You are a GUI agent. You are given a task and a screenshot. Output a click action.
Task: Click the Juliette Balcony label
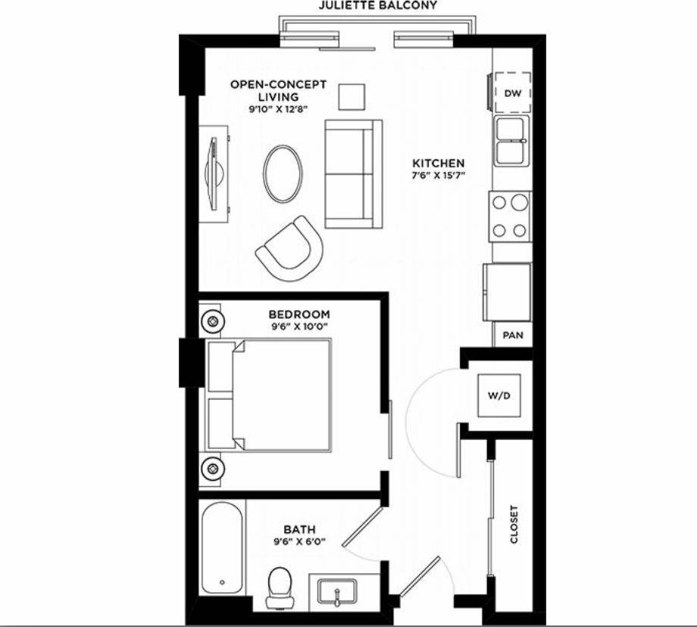coord(377,5)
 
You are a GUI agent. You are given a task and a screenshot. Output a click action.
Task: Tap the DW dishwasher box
coord(513,92)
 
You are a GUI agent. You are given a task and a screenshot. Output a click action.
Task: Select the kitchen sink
coord(513,142)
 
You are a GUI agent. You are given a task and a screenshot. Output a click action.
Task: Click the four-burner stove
coord(511,216)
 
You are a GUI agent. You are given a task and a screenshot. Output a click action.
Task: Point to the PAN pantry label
coord(513,335)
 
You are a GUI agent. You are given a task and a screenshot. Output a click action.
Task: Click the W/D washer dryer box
coord(498,396)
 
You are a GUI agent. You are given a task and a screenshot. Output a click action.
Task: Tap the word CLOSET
coord(514,524)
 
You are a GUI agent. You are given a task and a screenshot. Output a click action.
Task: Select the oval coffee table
coord(283,173)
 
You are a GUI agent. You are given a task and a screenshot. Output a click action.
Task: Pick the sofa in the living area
coord(349,174)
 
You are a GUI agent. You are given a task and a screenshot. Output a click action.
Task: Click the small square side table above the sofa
coord(351,97)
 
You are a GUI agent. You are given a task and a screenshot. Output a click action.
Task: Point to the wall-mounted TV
coord(217,173)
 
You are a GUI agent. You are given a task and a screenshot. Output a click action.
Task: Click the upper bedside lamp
coord(213,321)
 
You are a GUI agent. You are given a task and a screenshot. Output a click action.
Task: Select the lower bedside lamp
coord(213,469)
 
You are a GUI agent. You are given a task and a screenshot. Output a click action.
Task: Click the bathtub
coord(223,547)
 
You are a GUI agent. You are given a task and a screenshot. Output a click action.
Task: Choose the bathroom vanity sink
coord(336,591)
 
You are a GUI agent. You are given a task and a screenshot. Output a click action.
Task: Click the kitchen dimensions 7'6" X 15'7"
coord(438,176)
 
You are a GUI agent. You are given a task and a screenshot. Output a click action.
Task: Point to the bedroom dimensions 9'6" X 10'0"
coord(299,327)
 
